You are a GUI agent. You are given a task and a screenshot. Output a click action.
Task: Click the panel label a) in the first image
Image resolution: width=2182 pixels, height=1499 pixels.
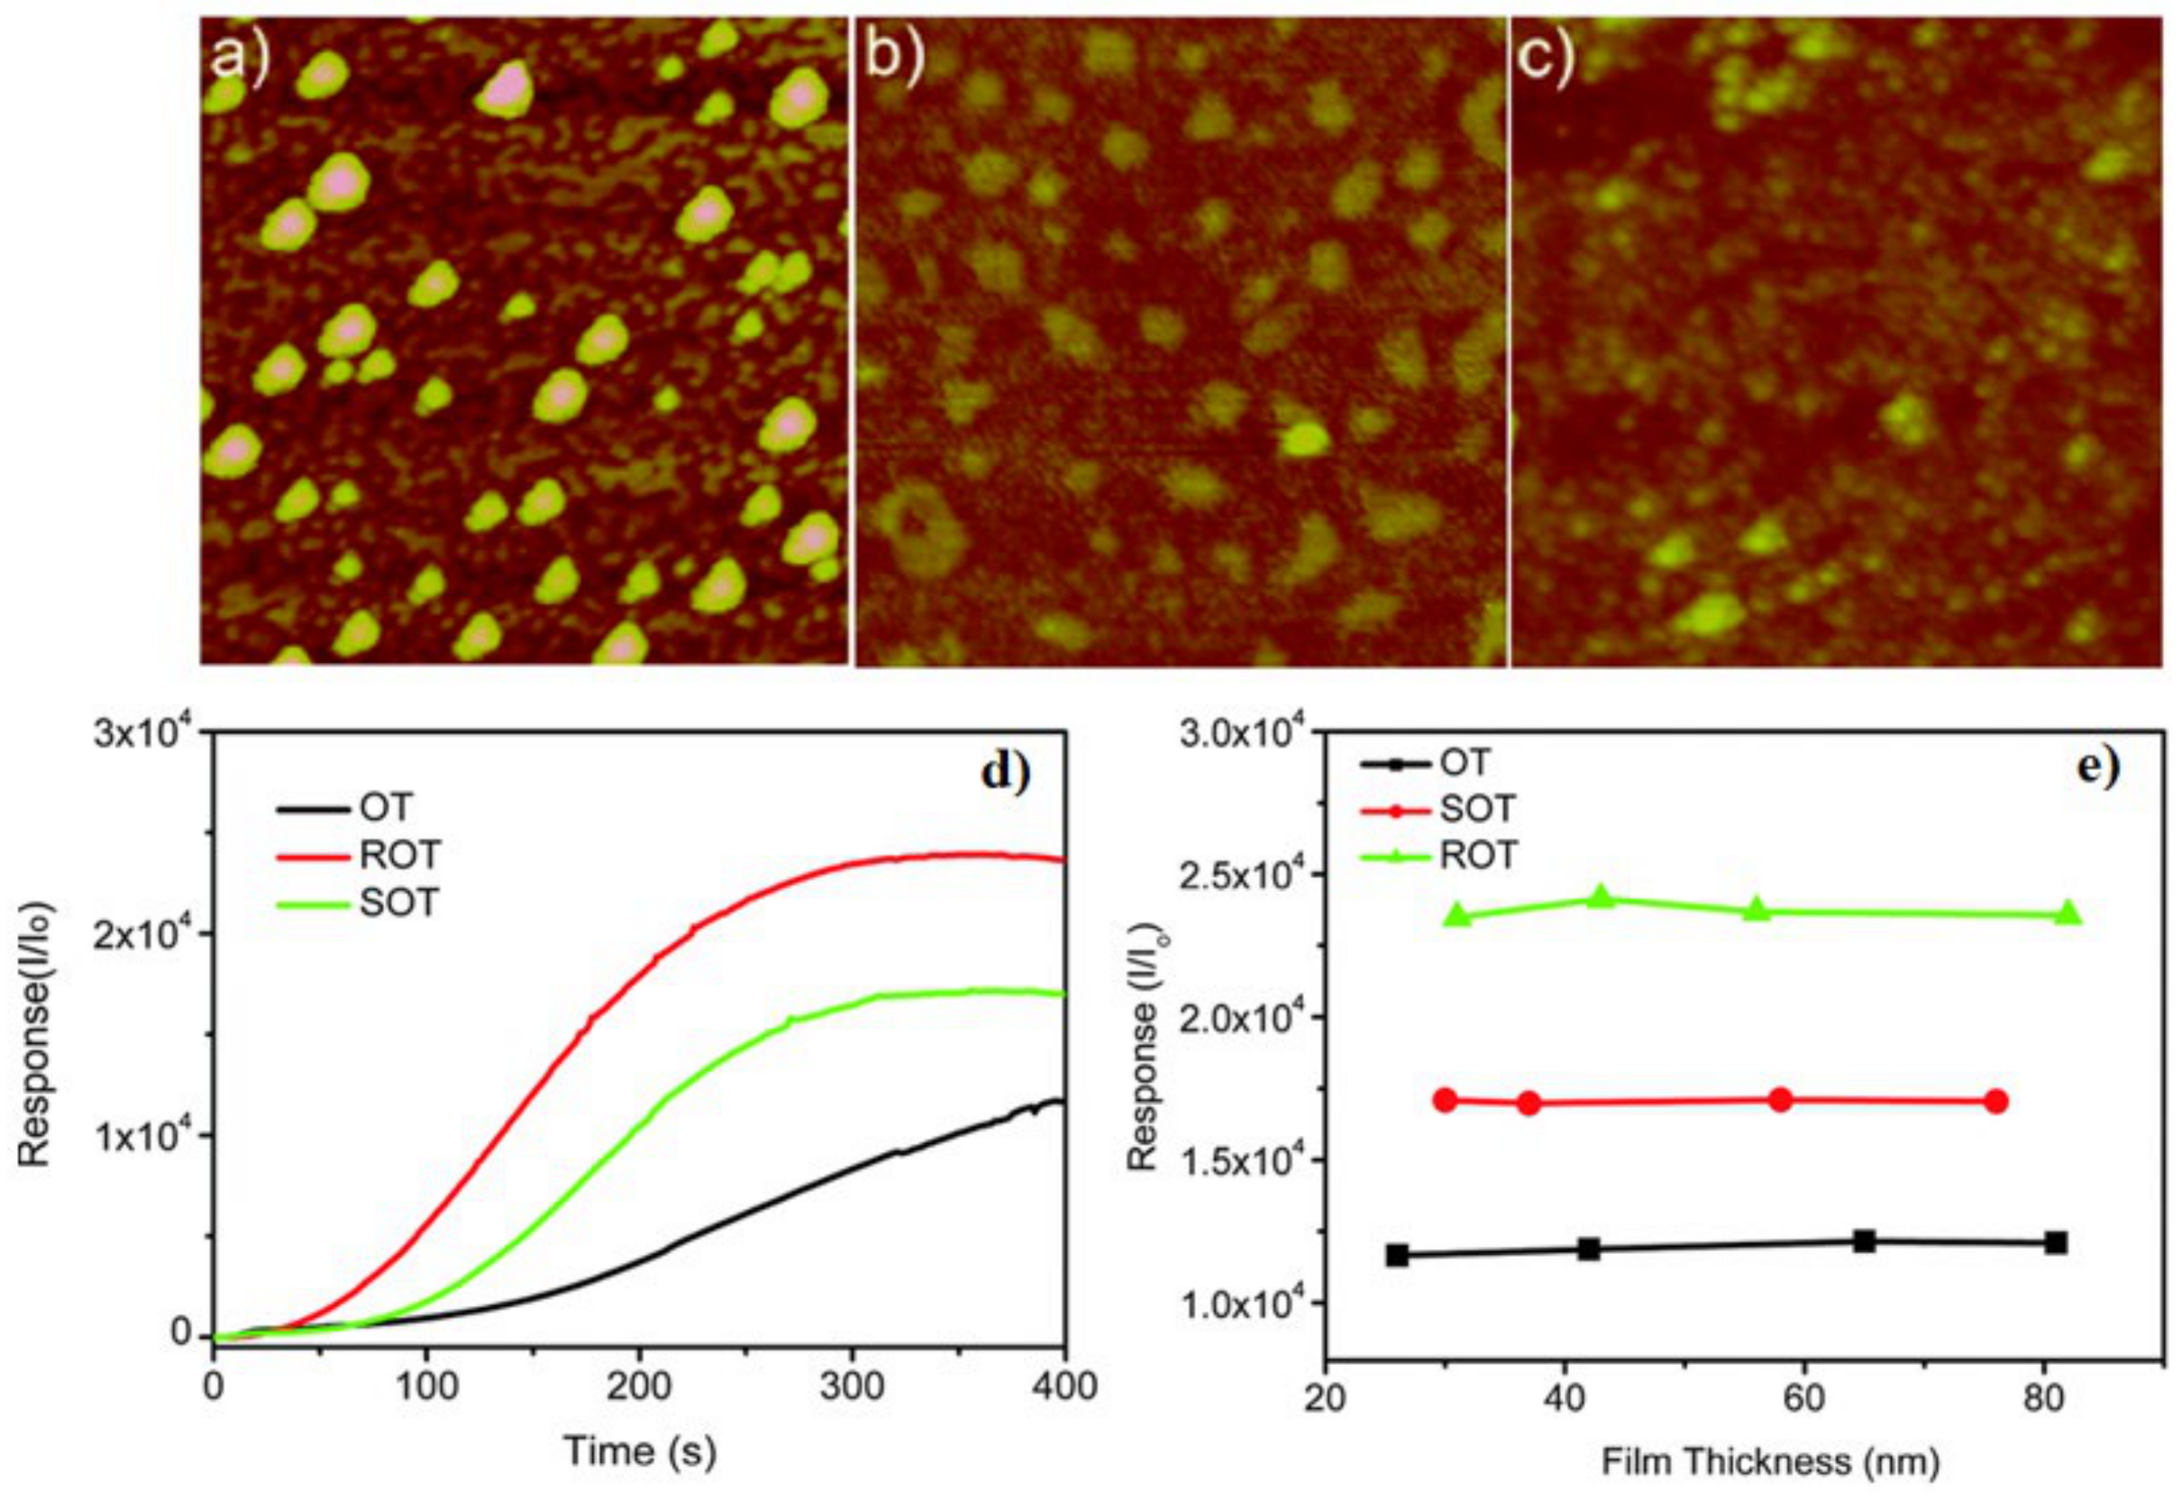(240, 59)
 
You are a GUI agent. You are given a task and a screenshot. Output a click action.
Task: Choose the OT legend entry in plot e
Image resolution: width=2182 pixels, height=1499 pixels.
(1465, 763)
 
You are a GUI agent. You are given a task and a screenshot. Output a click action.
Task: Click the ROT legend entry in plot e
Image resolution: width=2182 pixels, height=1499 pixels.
(1478, 855)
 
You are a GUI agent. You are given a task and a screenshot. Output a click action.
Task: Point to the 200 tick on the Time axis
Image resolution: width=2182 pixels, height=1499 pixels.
(638, 1387)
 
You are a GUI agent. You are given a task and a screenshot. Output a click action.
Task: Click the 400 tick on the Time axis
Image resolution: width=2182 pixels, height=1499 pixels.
(1064, 1387)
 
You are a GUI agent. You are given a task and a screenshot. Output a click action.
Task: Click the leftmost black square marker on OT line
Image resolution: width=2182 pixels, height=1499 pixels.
(1396, 1255)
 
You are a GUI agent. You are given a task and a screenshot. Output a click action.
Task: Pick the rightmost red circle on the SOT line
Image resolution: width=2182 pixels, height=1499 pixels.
(1997, 1102)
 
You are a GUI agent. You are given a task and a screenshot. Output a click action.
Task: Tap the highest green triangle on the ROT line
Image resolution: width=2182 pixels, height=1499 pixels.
(1602, 898)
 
